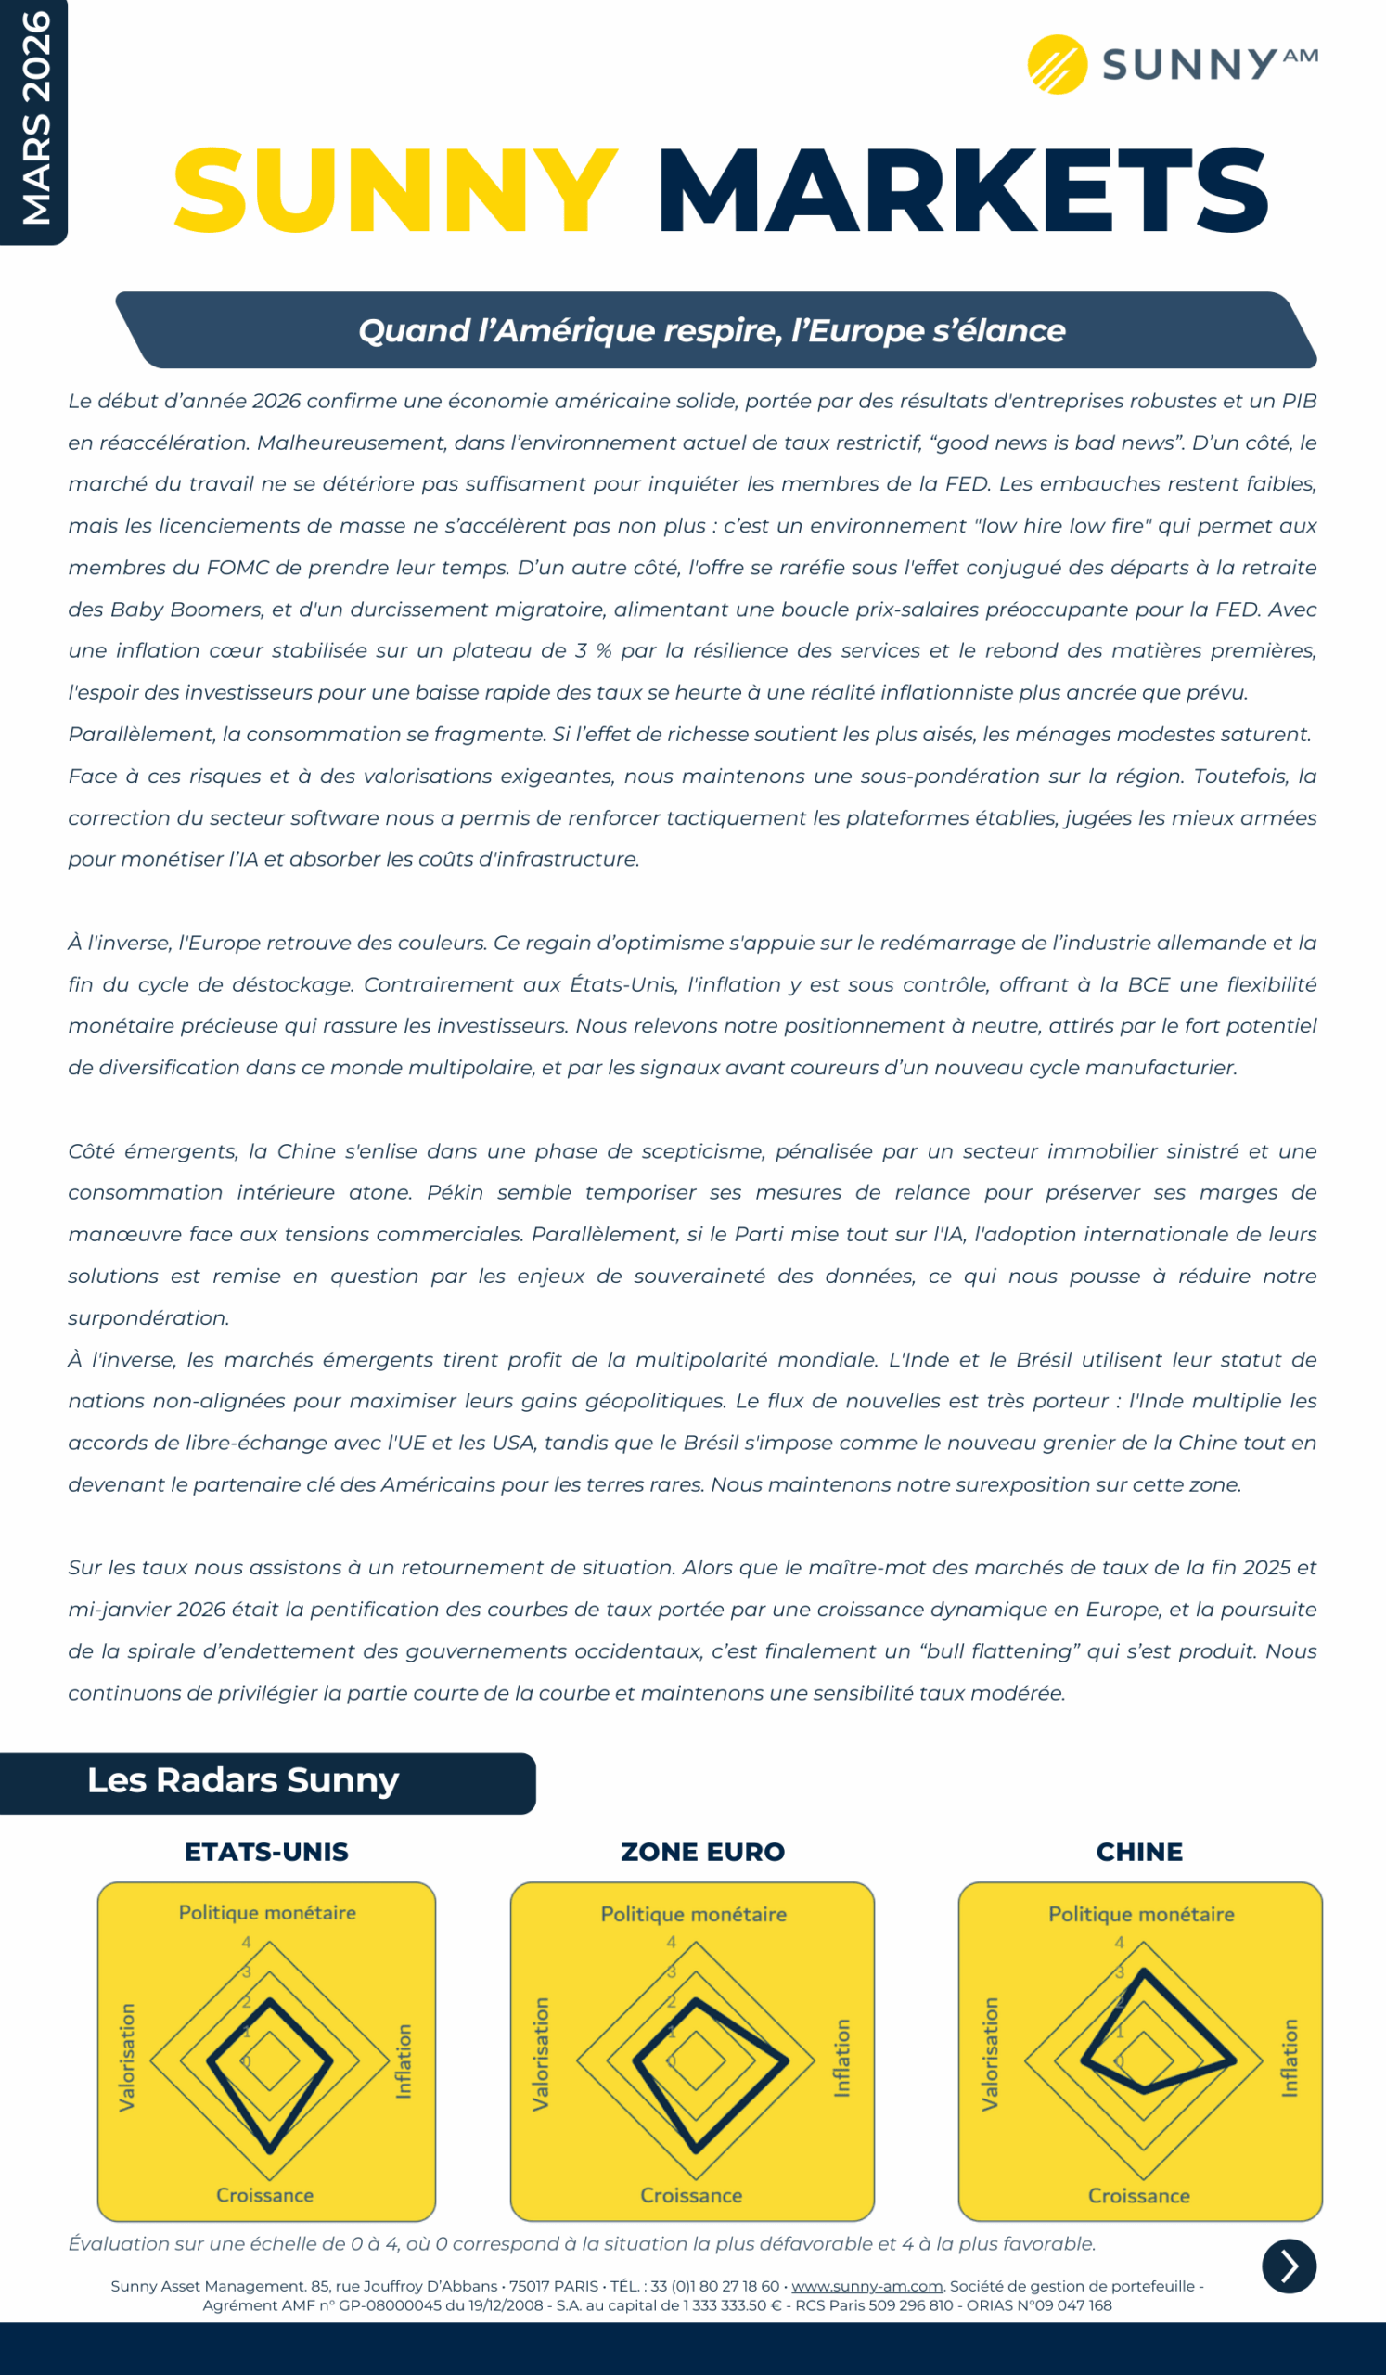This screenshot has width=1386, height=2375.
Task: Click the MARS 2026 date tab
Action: (x=35, y=120)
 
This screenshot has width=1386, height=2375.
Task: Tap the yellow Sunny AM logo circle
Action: (x=1058, y=64)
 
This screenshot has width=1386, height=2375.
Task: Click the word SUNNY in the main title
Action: (x=396, y=190)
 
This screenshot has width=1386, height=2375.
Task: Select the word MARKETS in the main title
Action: (x=962, y=190)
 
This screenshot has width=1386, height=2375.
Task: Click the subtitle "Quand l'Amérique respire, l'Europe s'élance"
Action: (x=712, y=331)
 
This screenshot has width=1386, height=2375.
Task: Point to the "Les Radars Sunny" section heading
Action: (x=243, y=1780)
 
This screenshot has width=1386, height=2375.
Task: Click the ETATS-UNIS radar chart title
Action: (x=266, y=1852)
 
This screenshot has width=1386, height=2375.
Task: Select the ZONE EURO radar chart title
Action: (x=703, y=1852)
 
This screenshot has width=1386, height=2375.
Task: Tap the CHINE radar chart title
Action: (x=1139, y=1852)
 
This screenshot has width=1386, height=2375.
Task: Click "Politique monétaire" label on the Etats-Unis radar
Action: (x=267, y=1913)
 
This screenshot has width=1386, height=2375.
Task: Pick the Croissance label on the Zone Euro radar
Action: (x=691, y=2196)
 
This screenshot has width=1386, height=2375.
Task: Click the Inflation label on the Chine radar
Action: (x=1290, y=2059)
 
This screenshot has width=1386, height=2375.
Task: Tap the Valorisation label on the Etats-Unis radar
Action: (x=127, y=2058)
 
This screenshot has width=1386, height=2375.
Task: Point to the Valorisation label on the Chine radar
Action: (x=990, y=2055)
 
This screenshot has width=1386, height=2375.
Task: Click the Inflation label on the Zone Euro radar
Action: (x=842, y=2059)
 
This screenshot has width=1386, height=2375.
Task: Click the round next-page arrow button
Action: (x=1289, y=2266)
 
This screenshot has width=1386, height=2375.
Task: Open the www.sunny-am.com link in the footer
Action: (x=866, y=2287)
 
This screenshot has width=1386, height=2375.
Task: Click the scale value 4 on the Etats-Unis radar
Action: (x=247, y=1943)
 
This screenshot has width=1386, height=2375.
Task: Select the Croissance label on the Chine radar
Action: (x=1139, y=2196)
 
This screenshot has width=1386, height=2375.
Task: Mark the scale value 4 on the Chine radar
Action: (x=1120, y=1943)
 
